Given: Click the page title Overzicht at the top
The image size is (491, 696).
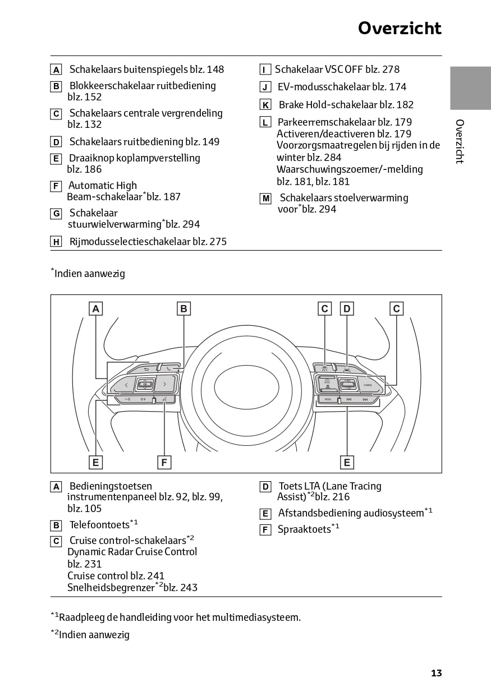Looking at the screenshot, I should pos(400,28).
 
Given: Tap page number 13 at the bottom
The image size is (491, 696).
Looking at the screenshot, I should pos(436,673).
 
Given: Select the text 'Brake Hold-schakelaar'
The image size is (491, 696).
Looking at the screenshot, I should pos(328,104).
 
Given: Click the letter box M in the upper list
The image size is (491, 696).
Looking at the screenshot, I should pos(266,199).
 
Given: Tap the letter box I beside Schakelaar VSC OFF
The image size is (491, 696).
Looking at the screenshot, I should pos(265,70).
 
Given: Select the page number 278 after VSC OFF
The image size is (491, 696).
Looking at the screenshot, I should pos(391,70).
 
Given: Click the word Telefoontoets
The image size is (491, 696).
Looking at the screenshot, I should pos(99,525).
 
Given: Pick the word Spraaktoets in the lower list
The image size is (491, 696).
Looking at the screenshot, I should pos(304,529).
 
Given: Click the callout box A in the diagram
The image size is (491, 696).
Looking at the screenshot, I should pos(96,308).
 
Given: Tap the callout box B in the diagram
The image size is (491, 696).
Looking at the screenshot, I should pos(183,308).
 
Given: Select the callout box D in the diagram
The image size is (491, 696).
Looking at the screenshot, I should pos(347,308).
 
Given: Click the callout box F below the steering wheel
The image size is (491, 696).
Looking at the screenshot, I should pos(164,462).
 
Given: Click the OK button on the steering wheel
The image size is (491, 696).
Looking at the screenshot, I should pos(145,385).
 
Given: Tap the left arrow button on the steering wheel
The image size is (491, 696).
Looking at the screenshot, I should pos(126,385).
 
